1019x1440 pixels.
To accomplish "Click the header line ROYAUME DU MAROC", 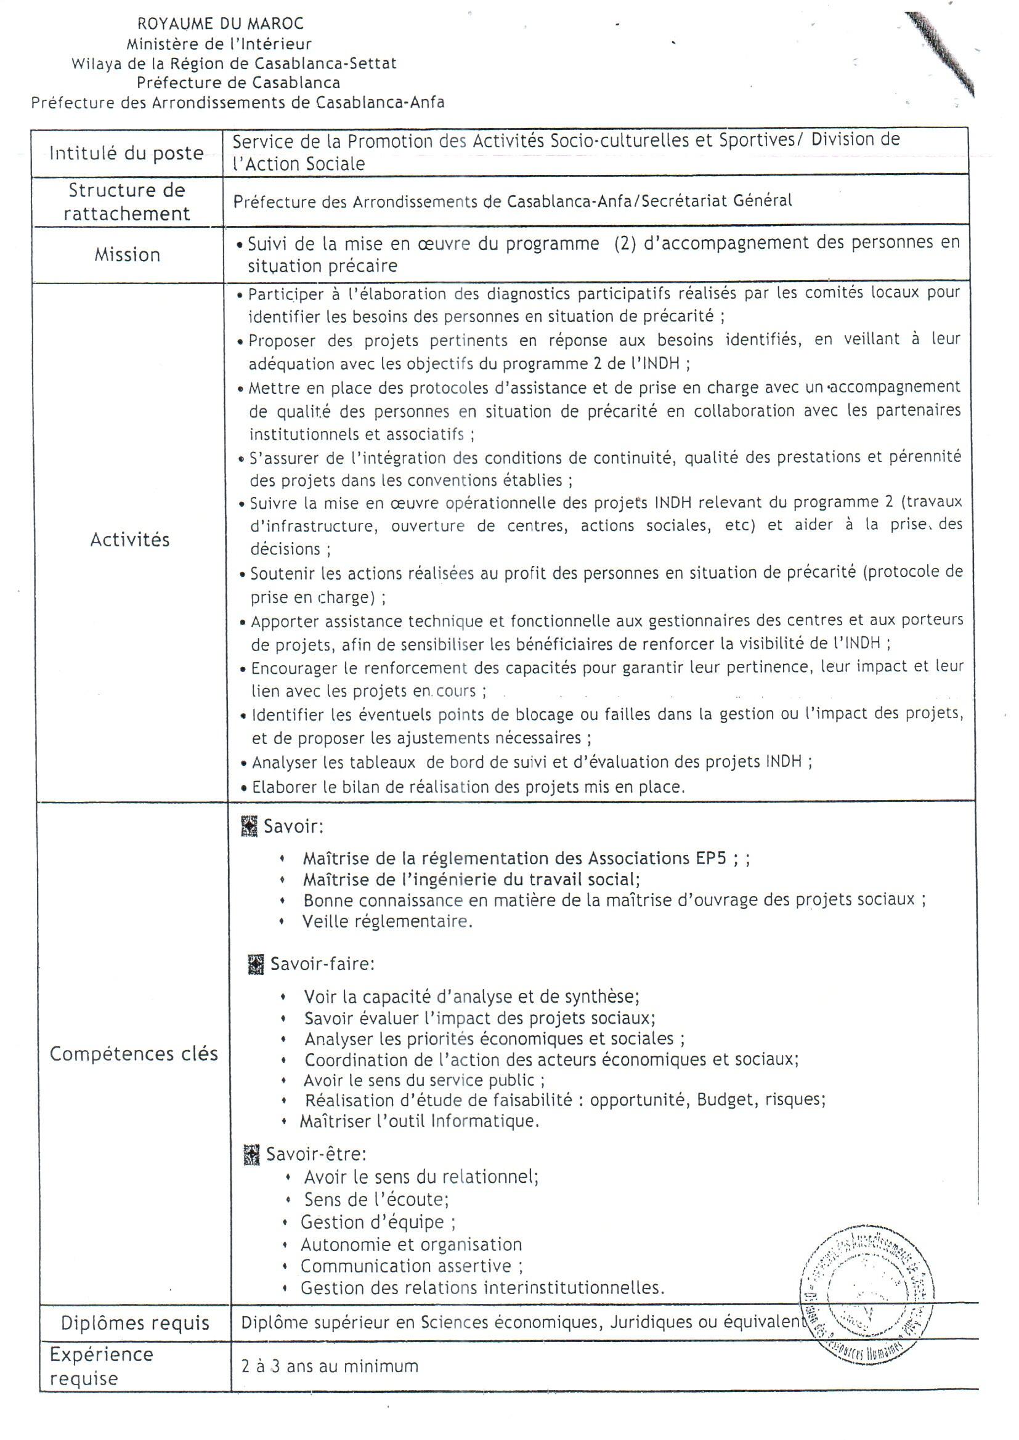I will click(221, 24).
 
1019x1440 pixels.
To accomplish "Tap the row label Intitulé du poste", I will click(127, 153).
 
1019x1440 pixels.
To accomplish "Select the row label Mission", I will click(128, 254).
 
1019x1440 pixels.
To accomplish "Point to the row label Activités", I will click(130, 540).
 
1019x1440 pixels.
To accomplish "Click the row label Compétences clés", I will click(134, 1054).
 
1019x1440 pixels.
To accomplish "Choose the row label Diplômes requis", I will click(135, 1323).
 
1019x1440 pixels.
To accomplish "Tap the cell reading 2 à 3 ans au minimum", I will click(330, 1366).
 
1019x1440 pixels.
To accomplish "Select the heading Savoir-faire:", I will click(322, 964).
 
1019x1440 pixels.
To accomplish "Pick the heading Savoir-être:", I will click(316, 1154).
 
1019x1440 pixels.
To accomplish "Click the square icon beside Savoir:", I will click(250, 827).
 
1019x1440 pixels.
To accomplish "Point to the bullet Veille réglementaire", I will click(387, 921).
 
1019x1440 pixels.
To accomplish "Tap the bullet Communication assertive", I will click(412, 1266).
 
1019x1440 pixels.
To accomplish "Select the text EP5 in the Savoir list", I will click(711, 857).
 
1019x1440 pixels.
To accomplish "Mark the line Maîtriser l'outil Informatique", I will click(419, 1122).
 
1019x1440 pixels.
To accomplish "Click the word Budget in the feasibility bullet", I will click(724, 1099).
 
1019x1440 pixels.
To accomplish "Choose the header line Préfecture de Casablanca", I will click(238, 82).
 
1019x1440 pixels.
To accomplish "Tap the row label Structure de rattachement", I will click(127, 202).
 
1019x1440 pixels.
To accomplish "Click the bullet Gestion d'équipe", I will click(378, 1222).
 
